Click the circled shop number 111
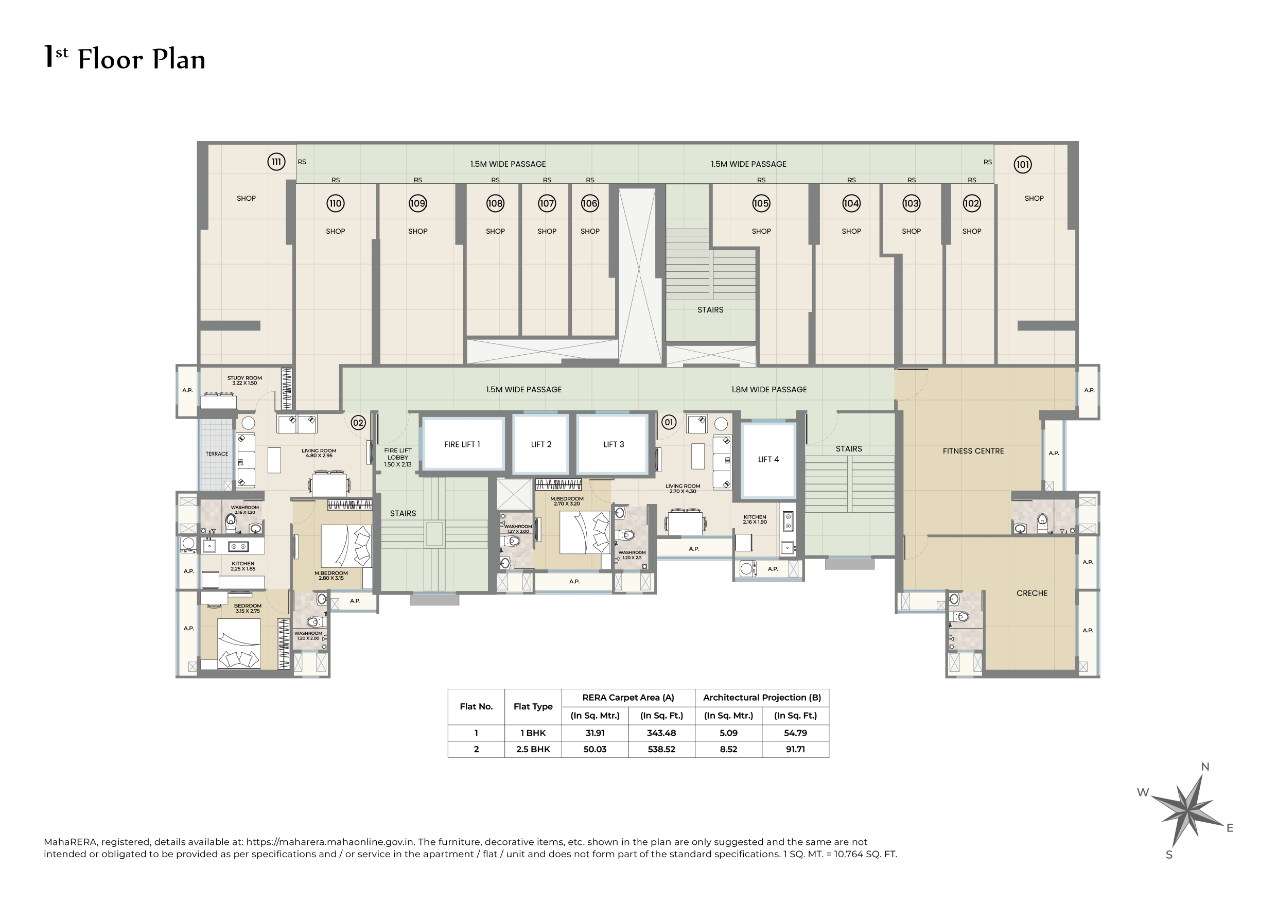pyautogui.click(x=276, y=162)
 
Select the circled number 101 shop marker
pyautogui.click(x=1022, y=164)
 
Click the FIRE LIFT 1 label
pyautogui.click(x=462, y=444)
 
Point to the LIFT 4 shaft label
pyautogui.click(x=768, y=459)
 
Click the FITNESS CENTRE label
pyautogui.click(x=973, y=450)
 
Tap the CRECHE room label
pyautogui.click(x=1031, y=593)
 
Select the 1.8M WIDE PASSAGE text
pyautogui.click(x=768, y=390)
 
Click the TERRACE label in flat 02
pyautogui.click(x=216, y=454)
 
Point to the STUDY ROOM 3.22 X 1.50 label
pyautogui.click(x=244, y=380)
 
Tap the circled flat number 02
pyautogui.click(x=358, y=422)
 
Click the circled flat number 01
pyautogui.click(x=669, y=422)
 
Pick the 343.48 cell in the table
pyautogui.click(x=661, y=733)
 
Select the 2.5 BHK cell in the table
pyautogui.click(x=533, y=749)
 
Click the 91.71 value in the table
pyautogui.click(x=795, y=749)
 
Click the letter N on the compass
pyautogui.click(x=1205, y=766)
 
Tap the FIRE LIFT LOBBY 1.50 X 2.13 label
pyautogui.click(x=398, y=457)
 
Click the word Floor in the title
pyautogui.click(x=111, y=59)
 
